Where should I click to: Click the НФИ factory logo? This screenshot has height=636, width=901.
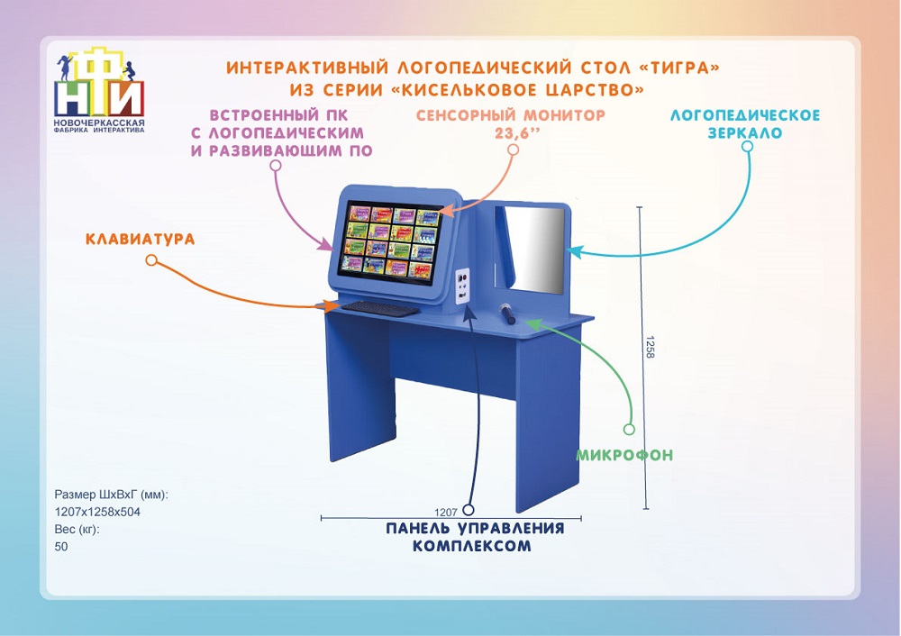pyautogui.click(x=99, y=89)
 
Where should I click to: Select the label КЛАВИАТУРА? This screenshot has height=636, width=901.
pyautogui.click(x=141, y=239)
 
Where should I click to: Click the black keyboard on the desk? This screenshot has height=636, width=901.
pyautogui.click(x=380, y=308)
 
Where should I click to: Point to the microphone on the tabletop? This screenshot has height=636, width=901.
pyautogui.click(x=508, y=313)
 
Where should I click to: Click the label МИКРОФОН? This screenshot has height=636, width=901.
pyautogui.click(x=624, y=455)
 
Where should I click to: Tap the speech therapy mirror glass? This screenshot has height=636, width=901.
pyautogui.click(x=535, y=250)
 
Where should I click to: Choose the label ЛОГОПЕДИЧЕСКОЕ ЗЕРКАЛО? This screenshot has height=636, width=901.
pyautogui.click(x=745, y=124)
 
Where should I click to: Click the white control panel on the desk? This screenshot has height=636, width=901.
pyautogui.click(x=462, y=286)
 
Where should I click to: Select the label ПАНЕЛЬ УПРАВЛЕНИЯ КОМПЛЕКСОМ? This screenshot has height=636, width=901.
pyautogui.click(x=475, y=537)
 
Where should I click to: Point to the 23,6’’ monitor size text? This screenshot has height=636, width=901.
pyautogui.click(x=518, y=134)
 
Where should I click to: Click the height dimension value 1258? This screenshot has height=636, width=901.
pyautogui.click(x=650, y=348)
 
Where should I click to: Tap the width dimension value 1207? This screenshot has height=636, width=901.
pyautogui.click(x=445, y=512)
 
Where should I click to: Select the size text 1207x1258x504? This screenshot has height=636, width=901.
pyautogui.click(x=97, y=512)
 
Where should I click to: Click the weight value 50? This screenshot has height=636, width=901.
pyautogui.click(x=61, y=547)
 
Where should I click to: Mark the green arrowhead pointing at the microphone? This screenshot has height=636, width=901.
pyautogui.click(x=532, y=324)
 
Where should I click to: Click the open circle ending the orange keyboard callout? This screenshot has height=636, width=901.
pyautogui.click(x=151, y=260)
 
